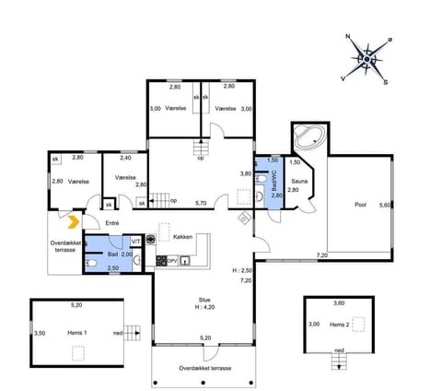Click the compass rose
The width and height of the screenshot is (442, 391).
coord(366,59)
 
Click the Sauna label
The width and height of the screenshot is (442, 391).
coord(300,182)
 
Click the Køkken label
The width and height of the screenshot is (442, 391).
coord(181,237)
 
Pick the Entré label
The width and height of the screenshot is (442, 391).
coord(112,222)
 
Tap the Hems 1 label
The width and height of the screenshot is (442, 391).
coord(78,331)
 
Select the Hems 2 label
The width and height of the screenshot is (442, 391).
coord(341,325)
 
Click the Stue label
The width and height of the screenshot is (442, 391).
coord(204,299)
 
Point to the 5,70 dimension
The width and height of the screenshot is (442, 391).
coord(201,202)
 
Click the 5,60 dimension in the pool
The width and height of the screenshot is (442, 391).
coord(386,206)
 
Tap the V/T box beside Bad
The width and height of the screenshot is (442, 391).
coord(135,241)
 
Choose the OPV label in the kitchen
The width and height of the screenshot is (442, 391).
coord(171,260)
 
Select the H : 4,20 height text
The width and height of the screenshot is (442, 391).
coord(205,307)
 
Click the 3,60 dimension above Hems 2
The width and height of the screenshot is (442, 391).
coord(338,302)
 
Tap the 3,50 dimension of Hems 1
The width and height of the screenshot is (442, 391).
coord(39,333)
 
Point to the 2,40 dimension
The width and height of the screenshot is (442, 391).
coord(126,158)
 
